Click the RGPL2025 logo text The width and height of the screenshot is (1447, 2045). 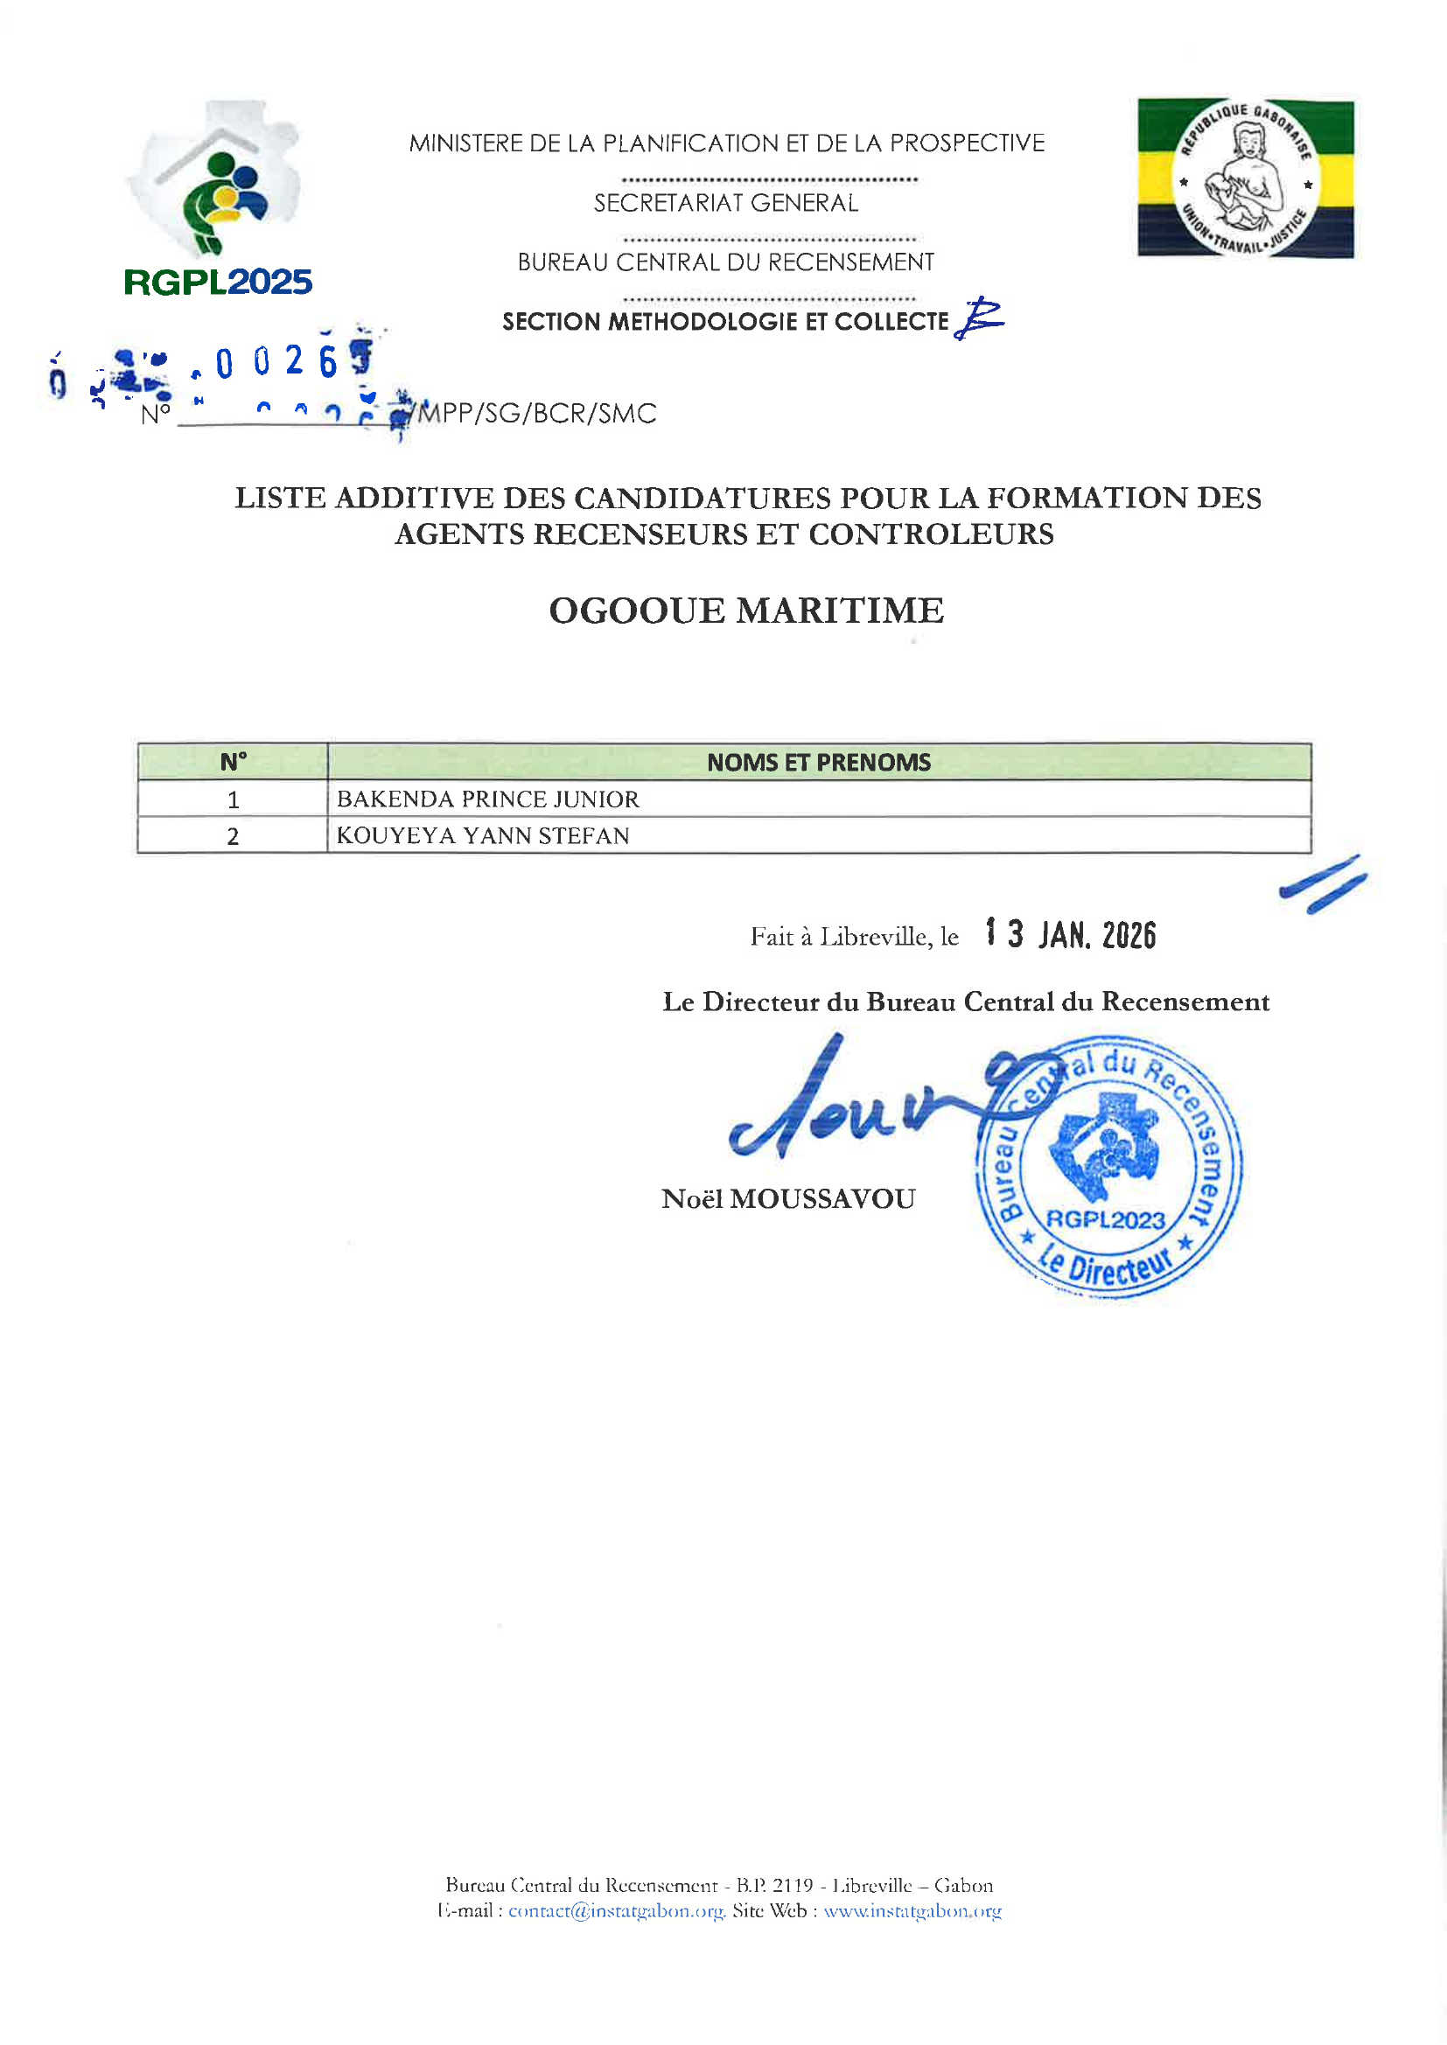pos(218,283)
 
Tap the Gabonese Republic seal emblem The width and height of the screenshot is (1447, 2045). pos(1246,178)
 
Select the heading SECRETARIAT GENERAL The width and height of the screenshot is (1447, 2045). pos(726,204)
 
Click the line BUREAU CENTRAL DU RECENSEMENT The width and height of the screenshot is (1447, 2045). pos(726,262)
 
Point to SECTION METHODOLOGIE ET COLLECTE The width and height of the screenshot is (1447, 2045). pos(725,322)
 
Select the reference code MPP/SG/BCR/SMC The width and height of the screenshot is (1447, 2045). pos(537,413)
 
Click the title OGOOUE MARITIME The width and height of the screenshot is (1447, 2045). pos(745,611)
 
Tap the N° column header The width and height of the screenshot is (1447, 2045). pos(234,763)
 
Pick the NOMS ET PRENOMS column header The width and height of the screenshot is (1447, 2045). pos(818,763)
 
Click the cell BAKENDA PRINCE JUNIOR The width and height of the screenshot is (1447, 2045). pos(488,799)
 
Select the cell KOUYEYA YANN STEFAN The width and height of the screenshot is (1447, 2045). pos(483,836)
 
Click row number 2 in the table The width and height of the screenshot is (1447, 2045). pos(234,836)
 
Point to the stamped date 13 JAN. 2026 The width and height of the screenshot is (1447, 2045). pos(1070,934)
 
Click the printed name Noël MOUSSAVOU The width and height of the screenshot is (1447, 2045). pos(788,1200)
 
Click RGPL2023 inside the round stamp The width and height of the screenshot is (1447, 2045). pos(1105,1219)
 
